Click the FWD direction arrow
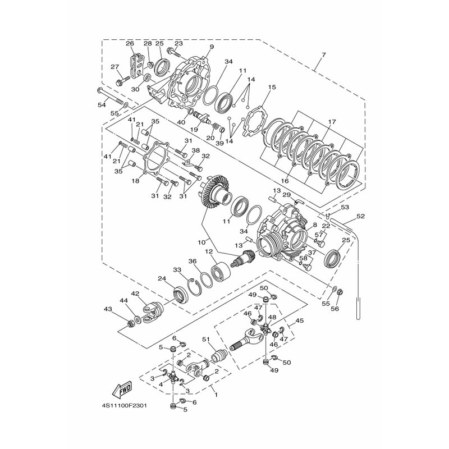point(122,390)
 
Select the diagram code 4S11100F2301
point(126,406)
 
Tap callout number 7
point(323,54)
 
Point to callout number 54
point(102,105)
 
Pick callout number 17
point(332,122)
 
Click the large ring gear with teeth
point(215,193)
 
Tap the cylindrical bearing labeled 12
point(221,271)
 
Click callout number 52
point(360,216)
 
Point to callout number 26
point(130,44)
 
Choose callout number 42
point(135,294)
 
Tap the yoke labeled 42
point(153,312)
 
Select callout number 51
point(206,340)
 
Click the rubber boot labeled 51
point(219,356)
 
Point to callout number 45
point(300,320)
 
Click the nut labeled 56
point(341,292)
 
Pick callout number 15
point(272,87)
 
